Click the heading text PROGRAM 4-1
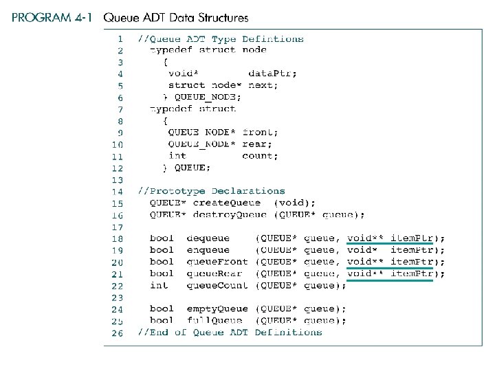point(52,18)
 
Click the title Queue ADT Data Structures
point(176,18)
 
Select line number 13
point(117,179)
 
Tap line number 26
point(117,333)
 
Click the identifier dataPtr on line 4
point(272,74)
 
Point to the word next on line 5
point(263,85)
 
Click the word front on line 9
point(261,132)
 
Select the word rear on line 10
point(257,144)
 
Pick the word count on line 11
point(260,156)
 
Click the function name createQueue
point(227,203)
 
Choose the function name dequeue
point(208,238)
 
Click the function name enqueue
point(208,250)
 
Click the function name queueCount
point(218,285)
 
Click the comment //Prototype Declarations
point(211,191)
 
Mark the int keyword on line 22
point(159,285)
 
